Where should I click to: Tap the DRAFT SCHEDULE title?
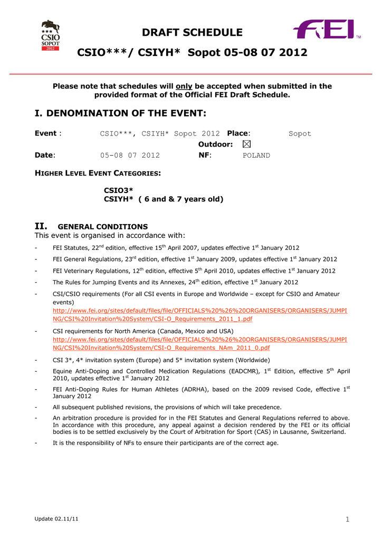click(192, 33)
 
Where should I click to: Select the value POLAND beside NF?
click(256, 156)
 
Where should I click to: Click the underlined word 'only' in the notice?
click(184, 86)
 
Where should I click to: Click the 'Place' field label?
click(237, 133)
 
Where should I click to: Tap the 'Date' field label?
click(44, 156)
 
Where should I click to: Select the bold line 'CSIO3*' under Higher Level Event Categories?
click(118, 190)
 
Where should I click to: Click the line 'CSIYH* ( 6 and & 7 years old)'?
click(164, 199)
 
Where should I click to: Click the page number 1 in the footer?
click(347, 520)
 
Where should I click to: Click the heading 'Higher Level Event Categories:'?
click(98, 173)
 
